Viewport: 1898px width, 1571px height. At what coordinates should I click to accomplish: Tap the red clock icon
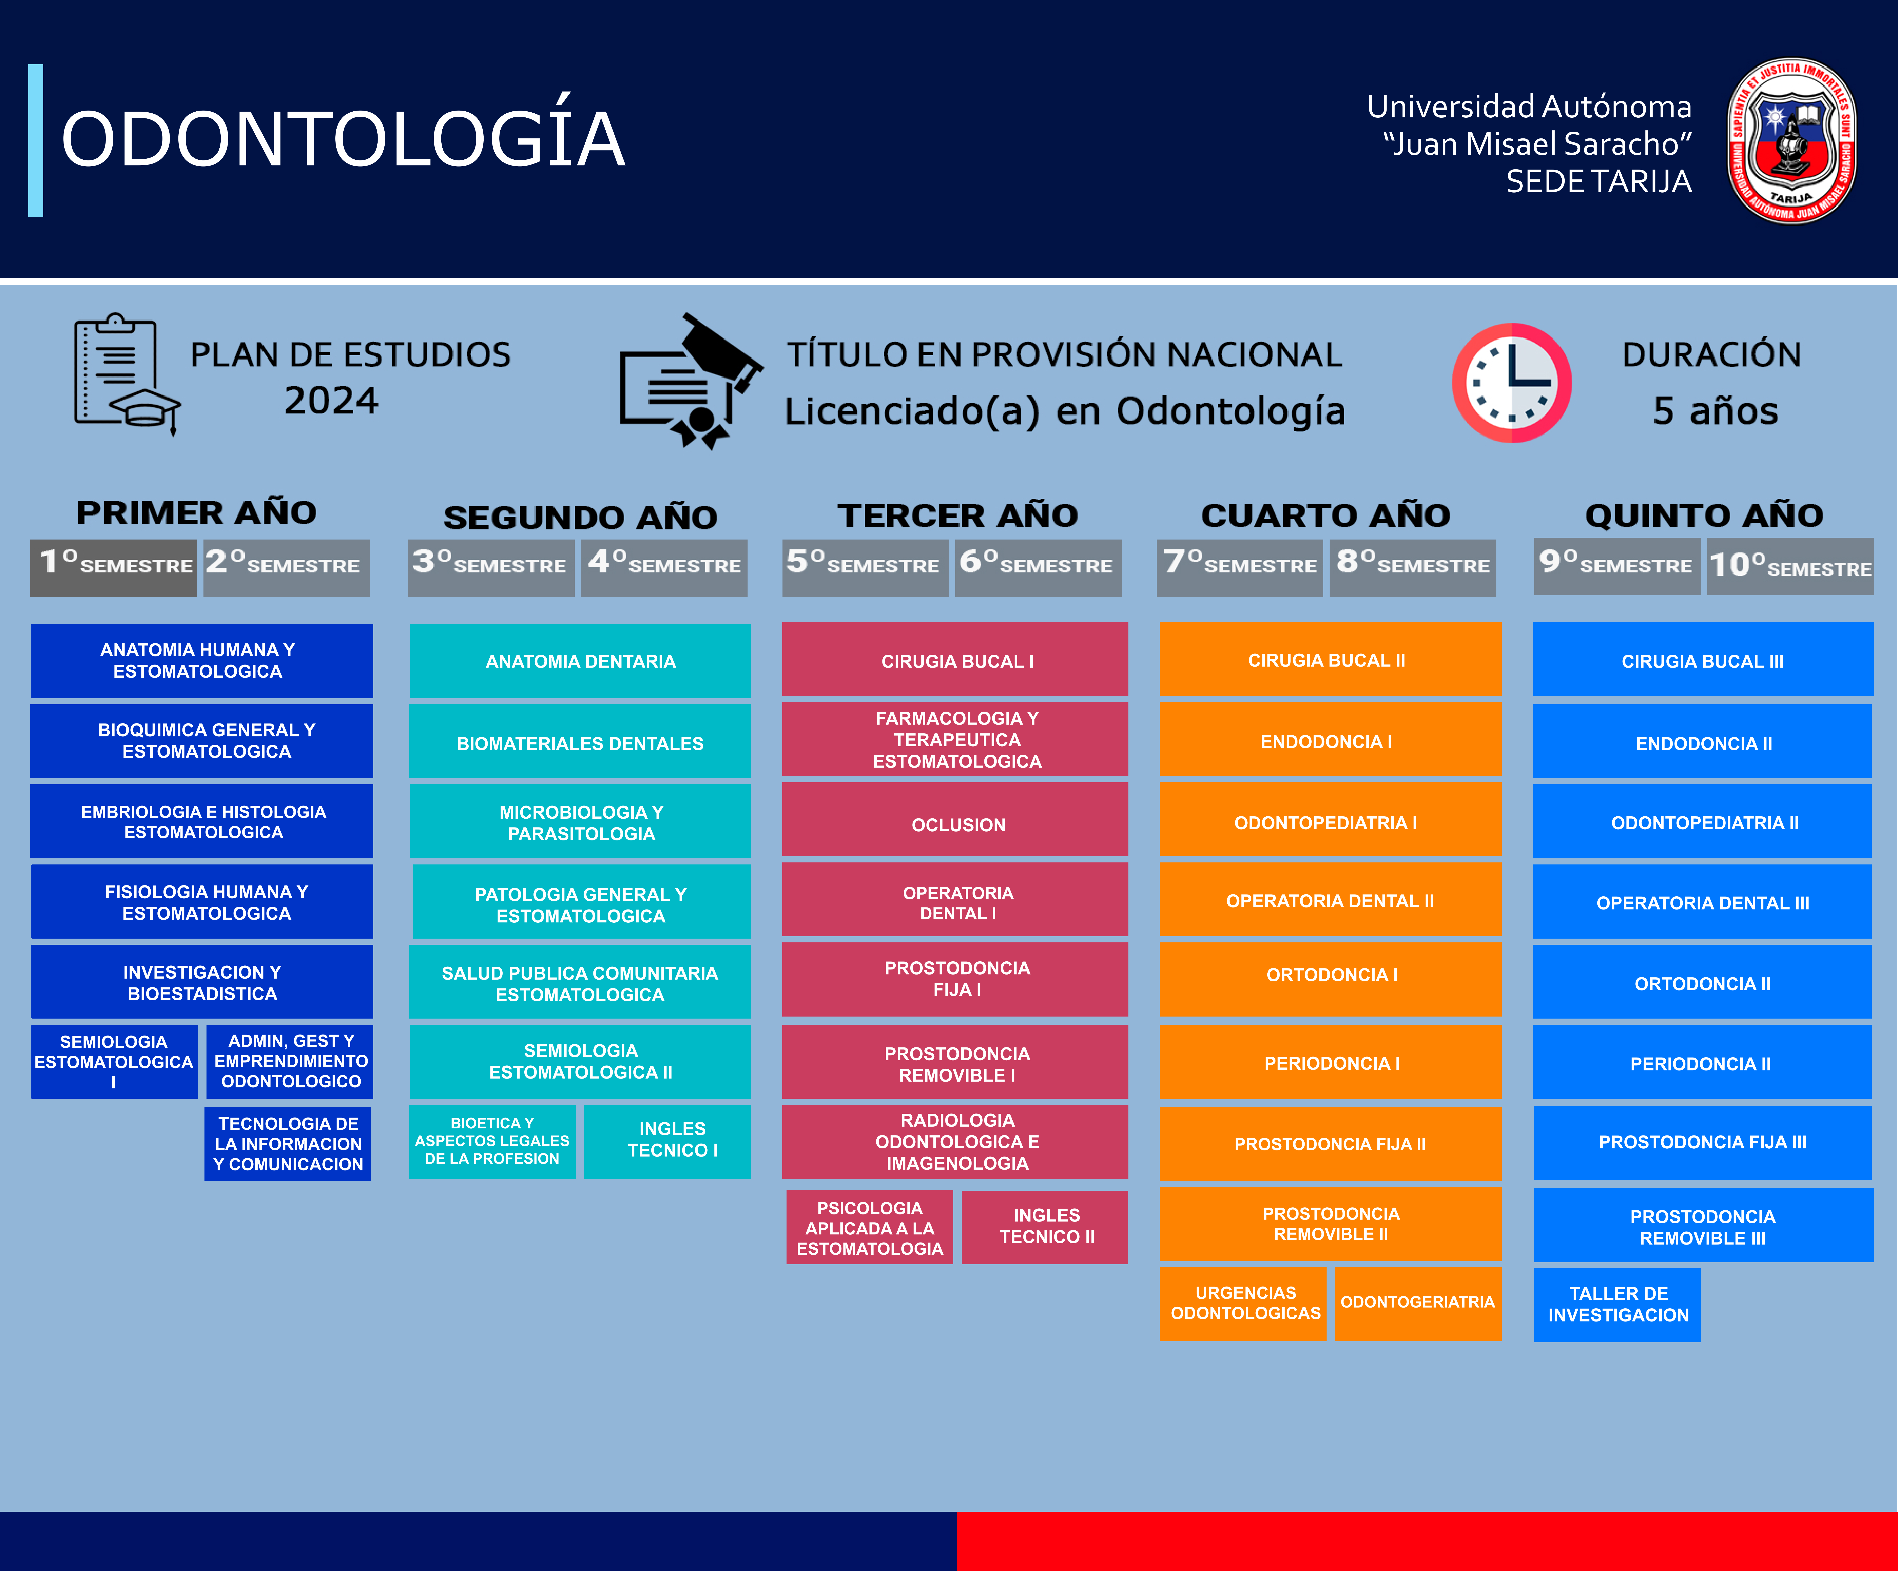click(x=1511, y=382)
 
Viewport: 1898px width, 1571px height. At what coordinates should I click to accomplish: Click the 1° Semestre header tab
click(x=114, y=567)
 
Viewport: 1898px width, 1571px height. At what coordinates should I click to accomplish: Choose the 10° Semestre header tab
click(x=1789, y=567)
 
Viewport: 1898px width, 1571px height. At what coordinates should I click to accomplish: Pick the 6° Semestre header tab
click(x=1038, y=567)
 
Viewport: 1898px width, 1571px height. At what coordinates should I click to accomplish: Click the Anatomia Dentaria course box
click(x=580, y=661)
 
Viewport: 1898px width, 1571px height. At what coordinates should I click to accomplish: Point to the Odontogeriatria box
click(x=1417, y=1303)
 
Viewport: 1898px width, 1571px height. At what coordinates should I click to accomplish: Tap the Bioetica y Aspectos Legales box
click(x=492, y=1141)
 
